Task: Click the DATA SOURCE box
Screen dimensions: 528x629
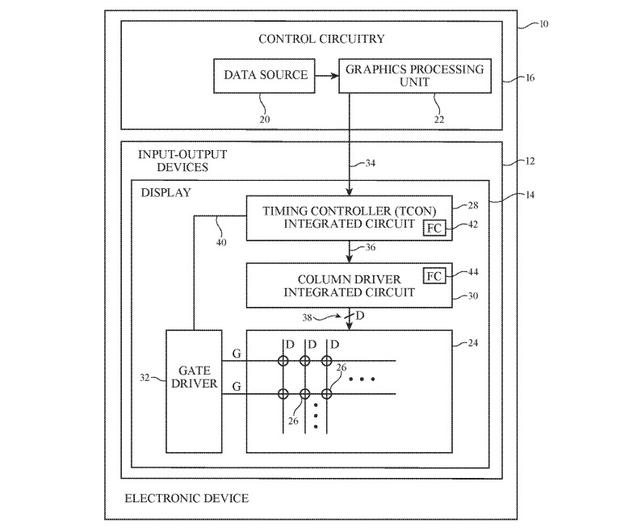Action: (x=266, y=75)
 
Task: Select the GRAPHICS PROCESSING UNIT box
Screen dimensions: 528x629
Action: (x=414, y=75)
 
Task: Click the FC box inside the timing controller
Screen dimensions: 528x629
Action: (x=434, y=228)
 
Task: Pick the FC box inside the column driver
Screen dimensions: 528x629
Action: (x=434, y=276)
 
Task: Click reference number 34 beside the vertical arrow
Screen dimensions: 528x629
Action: (x=370, y=164)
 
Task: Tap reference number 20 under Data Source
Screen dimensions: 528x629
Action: (x=266, y=118)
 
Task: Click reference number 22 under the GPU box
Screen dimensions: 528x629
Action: (x=438, y=119)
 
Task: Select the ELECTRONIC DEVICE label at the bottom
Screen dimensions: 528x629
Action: (x=187, y=498)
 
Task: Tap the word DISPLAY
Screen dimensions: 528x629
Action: (x=166, y=192)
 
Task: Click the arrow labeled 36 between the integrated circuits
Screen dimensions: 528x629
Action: (x=349, y=252)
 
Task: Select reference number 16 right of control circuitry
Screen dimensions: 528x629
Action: (x=529, y=78)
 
